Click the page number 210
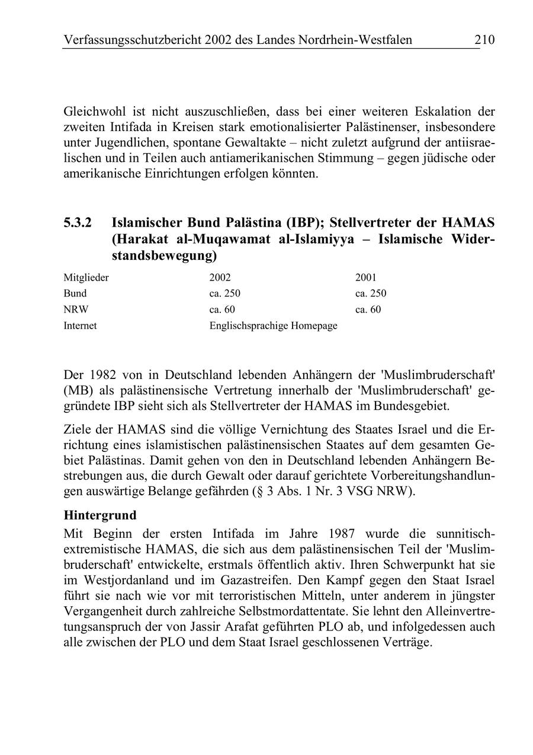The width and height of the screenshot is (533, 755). (484, 40)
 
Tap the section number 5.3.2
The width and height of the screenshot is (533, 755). (78, 223)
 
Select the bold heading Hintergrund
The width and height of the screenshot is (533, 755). (100, 514)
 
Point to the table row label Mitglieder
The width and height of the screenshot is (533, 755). (86, 277)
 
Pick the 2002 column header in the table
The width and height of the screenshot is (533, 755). (220, 277)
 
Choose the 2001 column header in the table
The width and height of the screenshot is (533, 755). (366, 277)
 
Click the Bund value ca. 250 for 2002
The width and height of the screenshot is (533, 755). (225, 293)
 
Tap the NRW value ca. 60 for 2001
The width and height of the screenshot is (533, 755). (368, 309)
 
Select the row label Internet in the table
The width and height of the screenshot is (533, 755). (80, 326)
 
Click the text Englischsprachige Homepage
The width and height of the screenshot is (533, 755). (273, 326)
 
